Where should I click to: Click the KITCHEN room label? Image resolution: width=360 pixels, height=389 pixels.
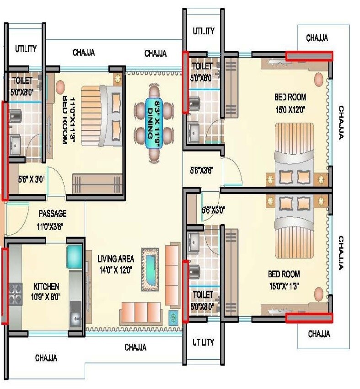click(46, 286)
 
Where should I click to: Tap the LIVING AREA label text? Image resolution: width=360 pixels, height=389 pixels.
click(115, 259)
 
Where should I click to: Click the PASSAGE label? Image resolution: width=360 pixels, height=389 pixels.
click(52, 213)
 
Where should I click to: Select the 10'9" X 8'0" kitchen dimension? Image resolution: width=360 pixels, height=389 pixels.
click(46, 297)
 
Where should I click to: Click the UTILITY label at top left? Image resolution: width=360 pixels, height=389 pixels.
click(26, 49)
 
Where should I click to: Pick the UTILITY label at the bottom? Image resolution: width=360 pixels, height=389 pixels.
click(203, 342)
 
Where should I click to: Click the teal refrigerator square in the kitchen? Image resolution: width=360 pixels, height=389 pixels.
click(74, 256)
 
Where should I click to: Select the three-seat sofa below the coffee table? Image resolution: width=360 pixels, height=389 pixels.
click(141, 313)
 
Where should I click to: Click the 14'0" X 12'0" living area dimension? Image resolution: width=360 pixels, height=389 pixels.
click(115, 270)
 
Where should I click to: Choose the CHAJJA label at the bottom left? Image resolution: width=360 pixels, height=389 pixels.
click(46, 358)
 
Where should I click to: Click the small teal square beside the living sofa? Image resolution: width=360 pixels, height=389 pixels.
click(173, 316)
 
